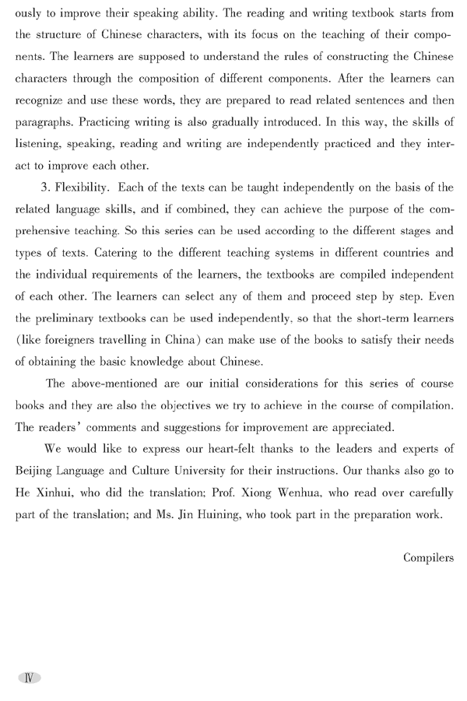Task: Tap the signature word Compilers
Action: click(x=429, y=556)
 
